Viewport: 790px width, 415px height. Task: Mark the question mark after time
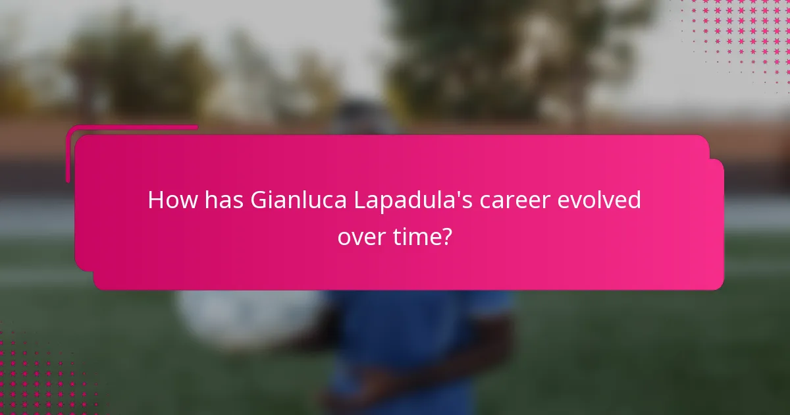(448, 236)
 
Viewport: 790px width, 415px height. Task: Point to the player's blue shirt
(408, 343)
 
